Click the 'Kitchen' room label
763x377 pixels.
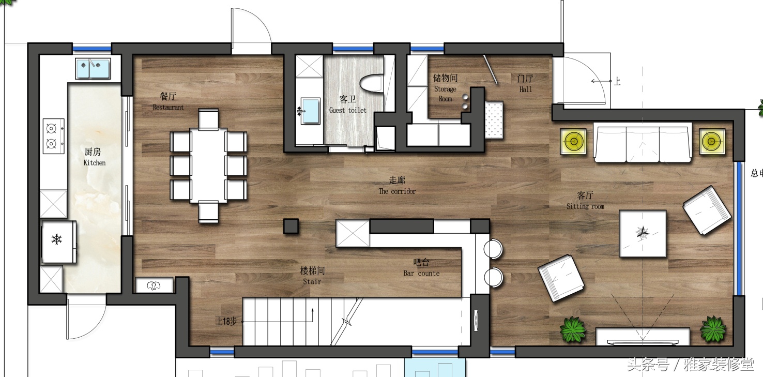95,162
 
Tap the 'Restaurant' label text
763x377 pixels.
168,108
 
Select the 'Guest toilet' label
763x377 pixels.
348,110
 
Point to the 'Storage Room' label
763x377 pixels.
445,94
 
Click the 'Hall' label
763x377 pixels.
526,89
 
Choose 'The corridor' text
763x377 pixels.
397,191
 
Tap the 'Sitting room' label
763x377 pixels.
585,206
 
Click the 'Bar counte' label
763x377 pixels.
421,273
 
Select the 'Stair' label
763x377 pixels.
312,281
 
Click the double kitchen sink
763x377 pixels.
93,68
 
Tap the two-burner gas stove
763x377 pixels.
53,135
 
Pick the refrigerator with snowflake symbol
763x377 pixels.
58,242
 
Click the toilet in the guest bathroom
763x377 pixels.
372,83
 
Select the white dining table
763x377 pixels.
208,165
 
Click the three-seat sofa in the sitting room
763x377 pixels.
643,144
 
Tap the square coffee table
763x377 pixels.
643,234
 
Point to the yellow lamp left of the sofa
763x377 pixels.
573,141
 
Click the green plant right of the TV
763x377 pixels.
713,329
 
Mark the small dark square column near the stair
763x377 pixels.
291,227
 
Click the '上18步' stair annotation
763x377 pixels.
226,321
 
